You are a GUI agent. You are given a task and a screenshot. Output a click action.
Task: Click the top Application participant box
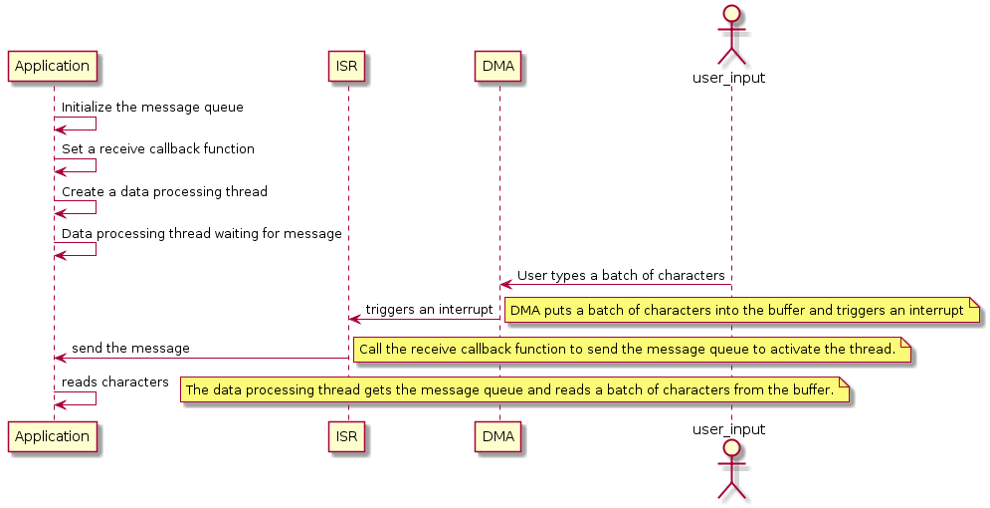click(52, 67)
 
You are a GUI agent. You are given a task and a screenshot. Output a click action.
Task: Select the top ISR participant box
click(347, 67)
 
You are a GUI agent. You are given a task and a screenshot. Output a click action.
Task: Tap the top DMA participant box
click(498, 67)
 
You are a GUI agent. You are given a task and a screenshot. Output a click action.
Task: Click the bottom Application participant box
click(52, 437)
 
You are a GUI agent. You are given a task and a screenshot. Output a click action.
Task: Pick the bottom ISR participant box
click(347, 437)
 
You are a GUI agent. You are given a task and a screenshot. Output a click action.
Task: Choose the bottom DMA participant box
click(498, 437)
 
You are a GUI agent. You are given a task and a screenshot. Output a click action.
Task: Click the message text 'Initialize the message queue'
click(152, 107)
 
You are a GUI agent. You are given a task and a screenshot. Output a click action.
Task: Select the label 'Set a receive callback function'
click(158, 148)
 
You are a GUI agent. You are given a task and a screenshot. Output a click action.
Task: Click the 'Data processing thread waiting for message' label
click(202, 233)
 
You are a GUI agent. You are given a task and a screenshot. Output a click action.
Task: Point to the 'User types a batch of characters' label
click(621, 275)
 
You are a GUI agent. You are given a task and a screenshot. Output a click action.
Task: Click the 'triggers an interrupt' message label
click(429, 309)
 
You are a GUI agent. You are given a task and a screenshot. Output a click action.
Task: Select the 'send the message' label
click(130, 348)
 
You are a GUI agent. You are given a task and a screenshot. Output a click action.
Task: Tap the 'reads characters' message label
click(115, 381)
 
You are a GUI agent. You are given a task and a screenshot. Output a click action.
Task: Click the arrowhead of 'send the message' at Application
click(60, 358)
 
